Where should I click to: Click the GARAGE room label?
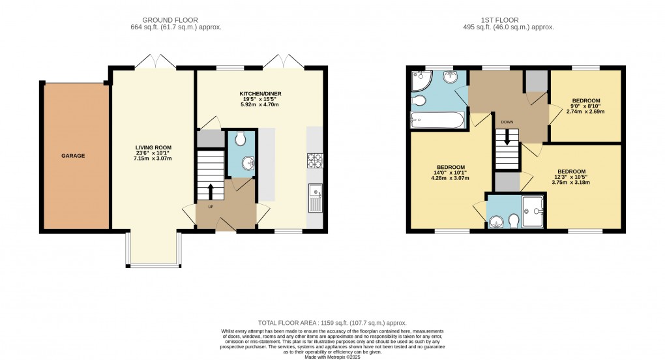(74, 156)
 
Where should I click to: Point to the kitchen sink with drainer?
(315, 196)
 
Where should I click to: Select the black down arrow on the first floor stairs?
(507, 138)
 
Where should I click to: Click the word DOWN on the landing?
(507, 122)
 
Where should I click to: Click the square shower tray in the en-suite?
(534, 210)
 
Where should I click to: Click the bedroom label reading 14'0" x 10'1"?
(451, 172)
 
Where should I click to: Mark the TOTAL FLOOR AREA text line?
(332, 322)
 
